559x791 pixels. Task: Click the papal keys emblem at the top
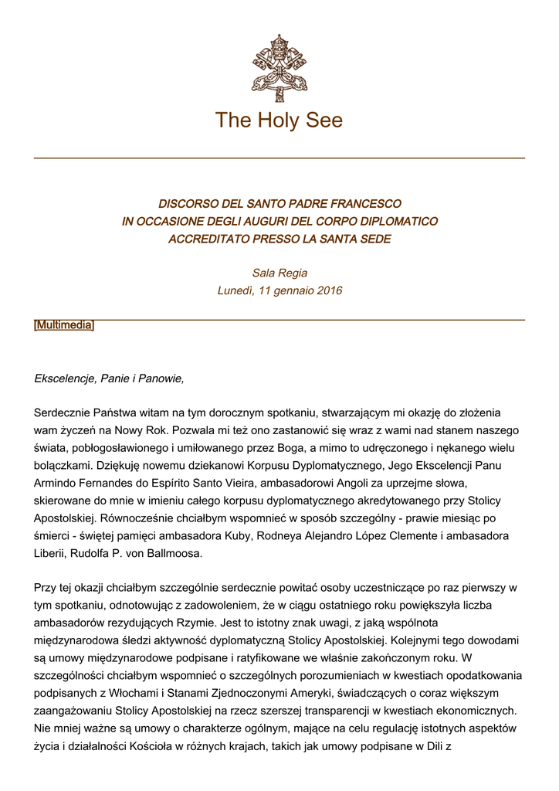click(279, 67)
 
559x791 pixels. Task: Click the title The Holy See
click(279, 121)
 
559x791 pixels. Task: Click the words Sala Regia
click(279, 273)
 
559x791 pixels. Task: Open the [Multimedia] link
click(64, 325)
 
